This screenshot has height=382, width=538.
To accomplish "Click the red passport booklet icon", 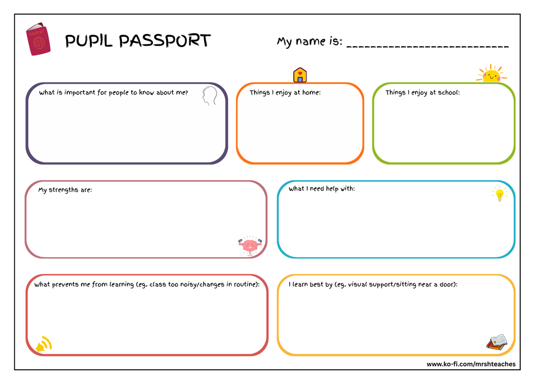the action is tap(38, 39).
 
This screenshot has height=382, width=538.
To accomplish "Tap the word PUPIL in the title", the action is tap(89, 41).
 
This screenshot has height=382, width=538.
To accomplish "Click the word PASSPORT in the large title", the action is tap(165, 40).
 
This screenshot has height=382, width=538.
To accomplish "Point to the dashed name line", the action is tap(428, 47).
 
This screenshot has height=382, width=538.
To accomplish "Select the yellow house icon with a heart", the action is tap(300, 75).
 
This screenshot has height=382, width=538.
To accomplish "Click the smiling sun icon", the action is tap(491, 73).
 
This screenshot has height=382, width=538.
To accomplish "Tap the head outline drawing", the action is tap(210, 96).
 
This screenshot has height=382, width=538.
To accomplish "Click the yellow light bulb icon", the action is tap(499, 193).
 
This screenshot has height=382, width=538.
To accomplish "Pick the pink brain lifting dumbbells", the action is tap(250, 246).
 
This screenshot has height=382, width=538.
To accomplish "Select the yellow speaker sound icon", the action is tap(44, 344).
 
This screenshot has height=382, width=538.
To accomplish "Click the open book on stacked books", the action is tap(497, 342).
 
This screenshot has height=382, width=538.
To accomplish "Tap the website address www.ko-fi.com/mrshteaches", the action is tap(471, 364).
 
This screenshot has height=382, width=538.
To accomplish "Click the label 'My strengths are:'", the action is tap(65, 190).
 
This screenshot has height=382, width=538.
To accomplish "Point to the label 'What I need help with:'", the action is tap(321, 189).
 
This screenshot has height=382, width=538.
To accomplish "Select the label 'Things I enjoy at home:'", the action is tap(285, 92).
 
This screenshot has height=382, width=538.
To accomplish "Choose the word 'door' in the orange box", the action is tap(447, 285).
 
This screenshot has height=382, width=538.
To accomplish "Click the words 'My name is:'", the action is tap(310, 42).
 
